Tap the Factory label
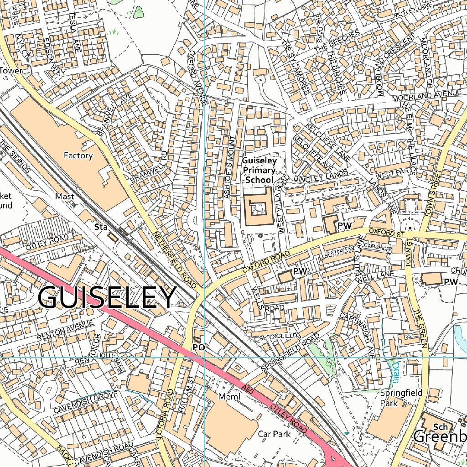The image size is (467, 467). (78, 156)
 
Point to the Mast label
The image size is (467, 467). (64, 196)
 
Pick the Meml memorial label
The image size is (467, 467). (229, 396)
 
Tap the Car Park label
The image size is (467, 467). (274, 434)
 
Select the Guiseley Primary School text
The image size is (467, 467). (259, 170)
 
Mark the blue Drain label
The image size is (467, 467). (396, 372)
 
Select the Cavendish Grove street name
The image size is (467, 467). (85, 402)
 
